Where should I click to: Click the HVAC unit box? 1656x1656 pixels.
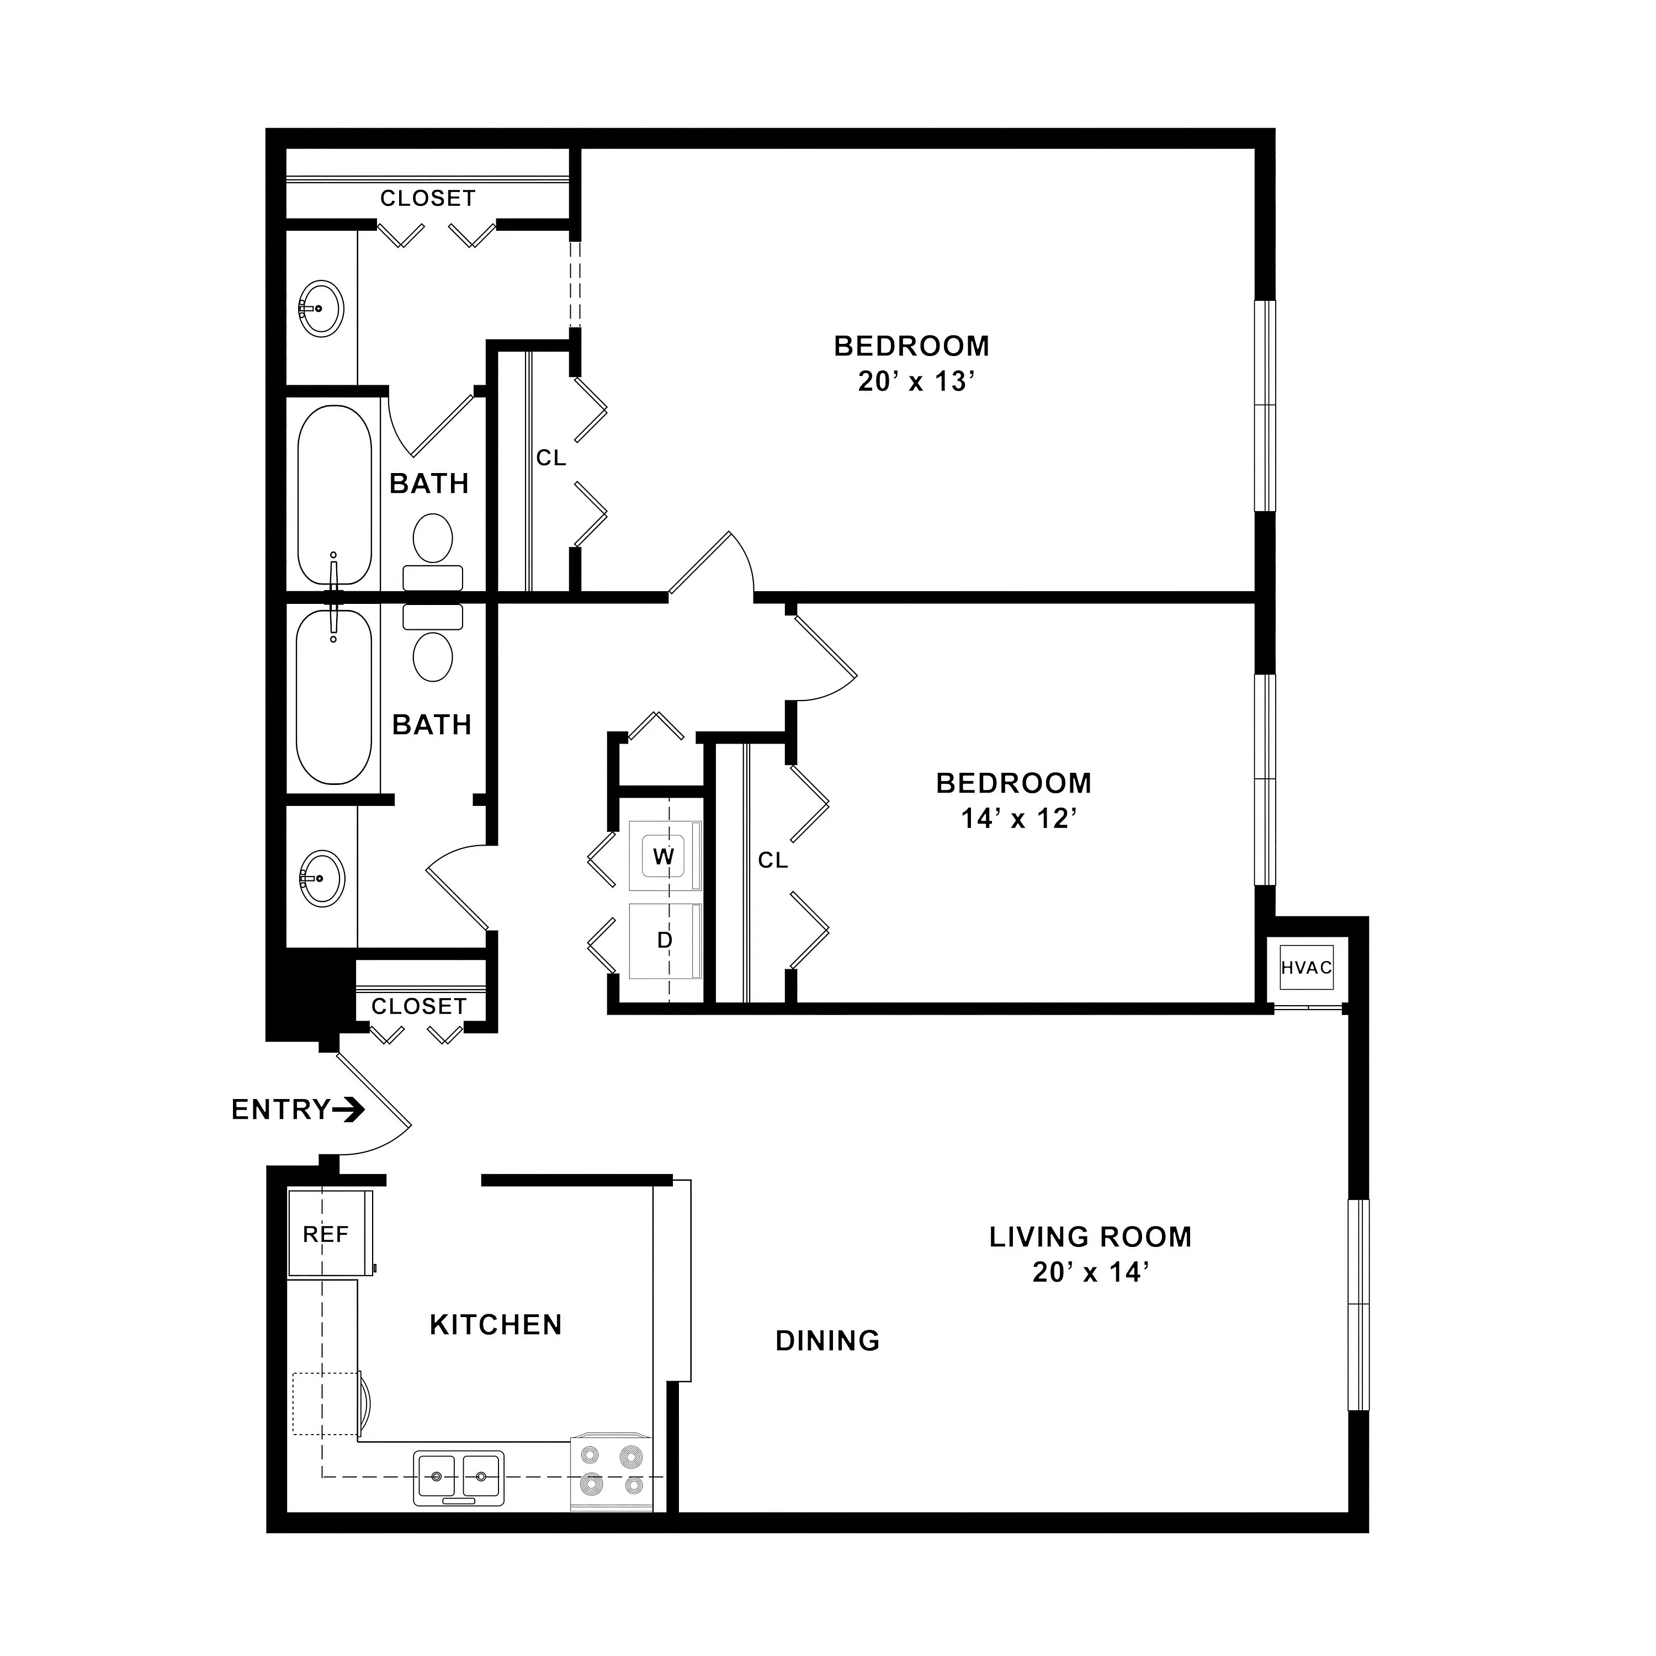click(1306, 968)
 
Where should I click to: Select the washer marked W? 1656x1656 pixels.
click(664, 856)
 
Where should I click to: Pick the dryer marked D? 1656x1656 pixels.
click(664, 940)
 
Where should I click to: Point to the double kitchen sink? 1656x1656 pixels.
click(459, 1478)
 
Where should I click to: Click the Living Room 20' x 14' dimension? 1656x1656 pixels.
click(1090, 1272)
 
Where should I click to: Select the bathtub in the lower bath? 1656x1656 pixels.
click(335, 696)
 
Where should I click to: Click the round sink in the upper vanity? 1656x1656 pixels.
click(321, 307)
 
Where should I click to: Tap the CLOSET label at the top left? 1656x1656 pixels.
click(428, 198)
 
